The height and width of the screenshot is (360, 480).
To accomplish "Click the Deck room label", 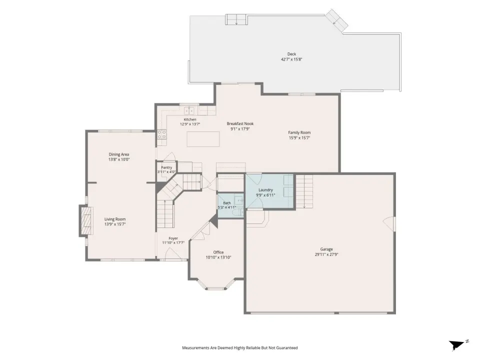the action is [291, 54].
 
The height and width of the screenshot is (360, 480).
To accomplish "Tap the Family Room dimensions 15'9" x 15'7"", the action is [299, 138].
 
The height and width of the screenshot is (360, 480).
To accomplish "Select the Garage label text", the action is [326, 249].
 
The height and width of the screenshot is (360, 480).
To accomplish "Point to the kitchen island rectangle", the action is [203, 139].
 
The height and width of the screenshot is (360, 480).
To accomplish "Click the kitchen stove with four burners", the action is [162, 134].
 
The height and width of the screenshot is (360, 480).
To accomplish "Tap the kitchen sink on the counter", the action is [189, 110].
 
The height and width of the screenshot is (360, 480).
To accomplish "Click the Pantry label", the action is [166, 167].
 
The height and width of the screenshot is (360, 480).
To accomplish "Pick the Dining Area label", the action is [119, 154].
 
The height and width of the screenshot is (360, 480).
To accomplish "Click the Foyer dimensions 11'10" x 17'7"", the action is [173, 243].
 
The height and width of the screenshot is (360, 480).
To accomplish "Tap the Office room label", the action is [218, 252].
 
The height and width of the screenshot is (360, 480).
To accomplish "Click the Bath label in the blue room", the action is [227, 203].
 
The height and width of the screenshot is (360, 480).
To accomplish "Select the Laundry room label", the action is [265, 190].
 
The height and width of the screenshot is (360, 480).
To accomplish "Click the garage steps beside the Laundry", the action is [304, 191].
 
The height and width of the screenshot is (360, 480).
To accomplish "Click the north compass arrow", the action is [456, 345].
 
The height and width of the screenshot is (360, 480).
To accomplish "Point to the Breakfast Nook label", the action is [240, 123].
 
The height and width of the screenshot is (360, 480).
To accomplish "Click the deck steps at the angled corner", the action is [336, 21].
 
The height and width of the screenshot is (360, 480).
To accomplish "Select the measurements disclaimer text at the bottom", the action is [239, 348].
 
